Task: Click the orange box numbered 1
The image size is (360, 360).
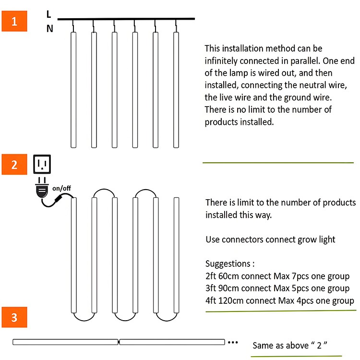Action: (x=14, y=22)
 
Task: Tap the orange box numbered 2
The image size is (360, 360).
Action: (x=14, y=165)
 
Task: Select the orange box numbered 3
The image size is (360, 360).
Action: (x=14, y=317)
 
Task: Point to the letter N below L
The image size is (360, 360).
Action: (x=49, y=29)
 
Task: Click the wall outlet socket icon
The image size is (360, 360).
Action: (x=42, y=165)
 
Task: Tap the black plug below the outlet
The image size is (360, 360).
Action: (x=41, y=190)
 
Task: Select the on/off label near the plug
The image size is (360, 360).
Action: (x=61, y=188)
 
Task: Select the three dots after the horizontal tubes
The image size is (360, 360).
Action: (x=233, y=342)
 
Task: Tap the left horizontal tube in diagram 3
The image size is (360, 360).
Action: (x=65, y=342)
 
